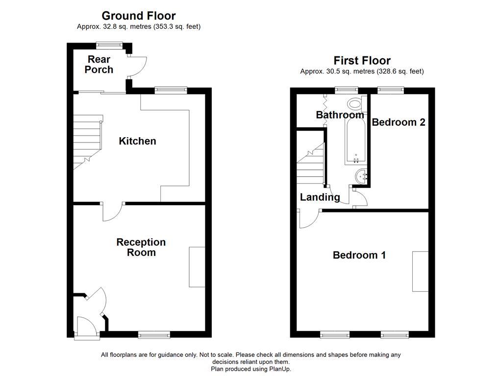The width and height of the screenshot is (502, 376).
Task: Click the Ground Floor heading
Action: (x=138, y=16)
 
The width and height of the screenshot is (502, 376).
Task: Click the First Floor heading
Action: (x=362, y=61)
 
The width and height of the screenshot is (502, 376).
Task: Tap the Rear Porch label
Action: (x=99, y=65)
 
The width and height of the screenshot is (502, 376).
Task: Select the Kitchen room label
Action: (x=137, y=141)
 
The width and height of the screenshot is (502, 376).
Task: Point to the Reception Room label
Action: (x=141, y=247)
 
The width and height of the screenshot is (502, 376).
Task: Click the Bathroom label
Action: (x=340, y=115)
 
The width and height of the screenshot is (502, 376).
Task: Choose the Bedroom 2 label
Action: (x=398, y=122)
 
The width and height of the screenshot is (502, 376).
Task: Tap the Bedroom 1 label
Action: (x=359, y=255)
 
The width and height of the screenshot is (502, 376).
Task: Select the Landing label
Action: (x=320, y=197)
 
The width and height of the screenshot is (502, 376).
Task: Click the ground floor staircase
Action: (x=87, y=142)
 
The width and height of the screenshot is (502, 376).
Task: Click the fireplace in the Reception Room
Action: (x=197, y=267)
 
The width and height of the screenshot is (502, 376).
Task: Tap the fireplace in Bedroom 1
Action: (x=420, y=272)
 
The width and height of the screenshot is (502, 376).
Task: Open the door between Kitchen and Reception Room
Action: (x=113, y=211)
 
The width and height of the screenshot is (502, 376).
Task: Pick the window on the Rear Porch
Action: (x=109, y=45)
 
